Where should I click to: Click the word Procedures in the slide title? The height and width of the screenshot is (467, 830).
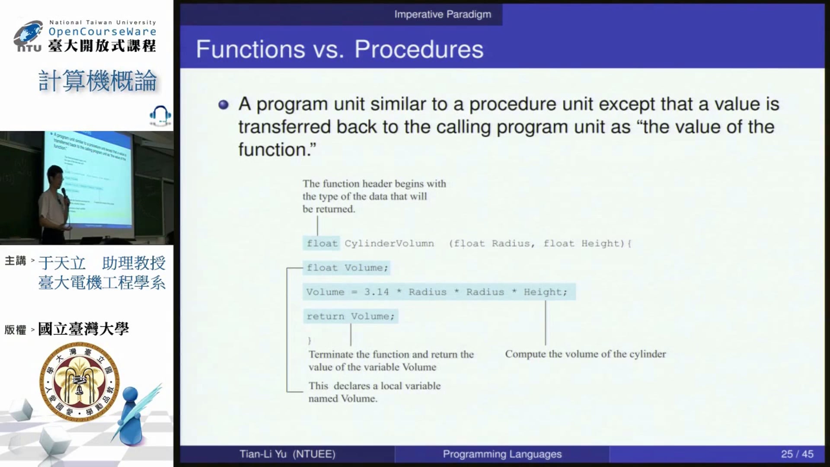[x=418, y=49]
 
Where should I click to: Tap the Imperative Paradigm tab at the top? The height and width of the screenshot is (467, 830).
[x=443, y=14]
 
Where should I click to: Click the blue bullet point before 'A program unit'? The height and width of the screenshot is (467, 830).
[x=223, y=104]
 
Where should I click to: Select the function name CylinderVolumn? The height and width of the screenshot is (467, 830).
[x=389, y=243]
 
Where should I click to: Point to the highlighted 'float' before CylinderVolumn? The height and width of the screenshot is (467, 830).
[x=322, y=243]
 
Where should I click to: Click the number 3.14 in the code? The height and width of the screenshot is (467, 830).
[x=376, y=292]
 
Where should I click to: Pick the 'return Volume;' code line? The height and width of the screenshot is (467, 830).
[x=351, y=316]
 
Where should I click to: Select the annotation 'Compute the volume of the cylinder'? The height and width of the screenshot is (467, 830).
[x=585, y=354]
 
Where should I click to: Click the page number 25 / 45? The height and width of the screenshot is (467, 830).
[x=797, y=454]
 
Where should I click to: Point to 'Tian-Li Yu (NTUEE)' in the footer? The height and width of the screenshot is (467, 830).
[x=287, y=454]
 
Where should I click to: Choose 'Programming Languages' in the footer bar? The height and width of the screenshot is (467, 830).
[x=502, y=454]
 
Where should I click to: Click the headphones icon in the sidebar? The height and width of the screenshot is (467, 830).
[x=160, y=115]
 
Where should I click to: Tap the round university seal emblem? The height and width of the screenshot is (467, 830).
[x=79, y=382]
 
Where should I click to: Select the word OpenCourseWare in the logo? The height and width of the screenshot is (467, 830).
[x=102, y=32]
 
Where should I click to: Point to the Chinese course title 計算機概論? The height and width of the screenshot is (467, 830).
[x=98, y=81]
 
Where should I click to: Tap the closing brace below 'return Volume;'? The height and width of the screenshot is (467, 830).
[x=310, y=340]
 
